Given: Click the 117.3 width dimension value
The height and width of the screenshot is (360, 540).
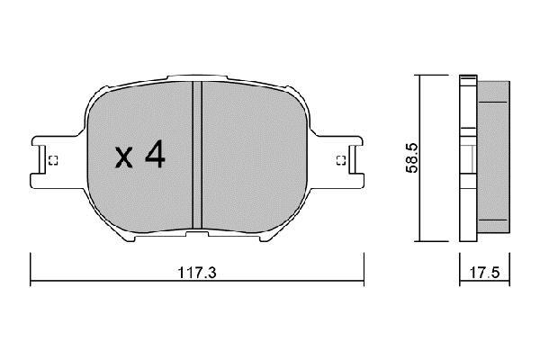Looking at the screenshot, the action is [197, 273].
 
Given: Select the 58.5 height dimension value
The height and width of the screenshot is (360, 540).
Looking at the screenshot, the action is [412, 158].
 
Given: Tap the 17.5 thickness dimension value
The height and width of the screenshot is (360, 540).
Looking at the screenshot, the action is [484, 273].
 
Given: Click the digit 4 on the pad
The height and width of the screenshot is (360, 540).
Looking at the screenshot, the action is [156, 153].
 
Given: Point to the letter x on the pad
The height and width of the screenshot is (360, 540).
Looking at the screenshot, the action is [123, 157].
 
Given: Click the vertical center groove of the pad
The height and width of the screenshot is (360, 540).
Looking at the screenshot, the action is [197, 155].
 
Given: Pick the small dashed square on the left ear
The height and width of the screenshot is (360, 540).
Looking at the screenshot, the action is [53, 160].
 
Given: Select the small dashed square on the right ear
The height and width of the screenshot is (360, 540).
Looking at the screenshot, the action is [341, 160].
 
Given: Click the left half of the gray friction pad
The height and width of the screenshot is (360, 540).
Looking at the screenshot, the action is [139, 157].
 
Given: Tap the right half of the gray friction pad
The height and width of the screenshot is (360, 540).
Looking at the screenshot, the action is [254, 157].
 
